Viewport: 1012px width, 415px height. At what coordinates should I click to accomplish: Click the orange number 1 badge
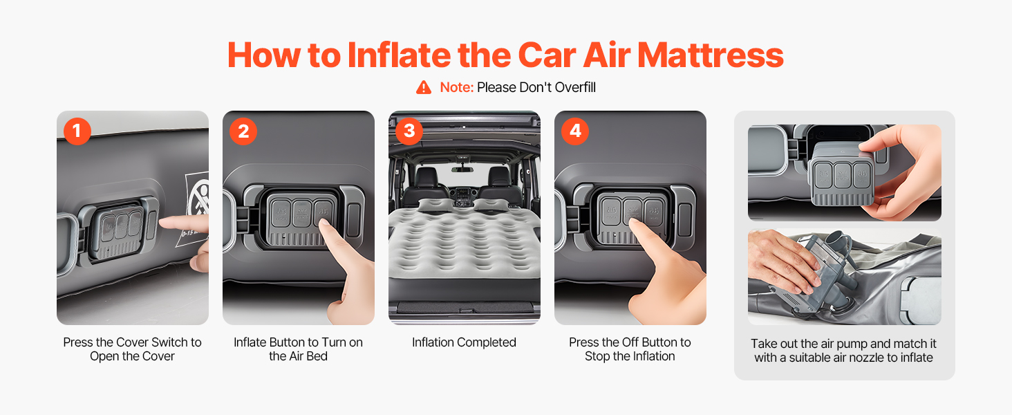[77, 131]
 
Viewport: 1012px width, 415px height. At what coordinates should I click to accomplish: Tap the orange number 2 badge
[243, 131]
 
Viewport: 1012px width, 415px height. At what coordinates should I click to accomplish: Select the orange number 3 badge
[409, 131]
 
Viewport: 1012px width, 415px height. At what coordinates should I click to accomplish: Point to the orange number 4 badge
[575, 131]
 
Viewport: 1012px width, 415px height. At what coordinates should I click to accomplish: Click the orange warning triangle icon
[423, 87]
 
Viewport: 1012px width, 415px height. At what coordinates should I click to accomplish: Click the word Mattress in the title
[710, 55]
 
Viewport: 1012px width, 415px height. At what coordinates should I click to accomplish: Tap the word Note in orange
[456, 87]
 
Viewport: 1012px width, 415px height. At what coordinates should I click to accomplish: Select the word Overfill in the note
[575, 87]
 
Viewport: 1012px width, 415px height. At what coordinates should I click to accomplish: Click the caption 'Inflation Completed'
[464, 342]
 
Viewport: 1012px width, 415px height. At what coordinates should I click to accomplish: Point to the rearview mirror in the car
[462, 169]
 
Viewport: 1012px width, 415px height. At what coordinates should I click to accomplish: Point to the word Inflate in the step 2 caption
[250, 342]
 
